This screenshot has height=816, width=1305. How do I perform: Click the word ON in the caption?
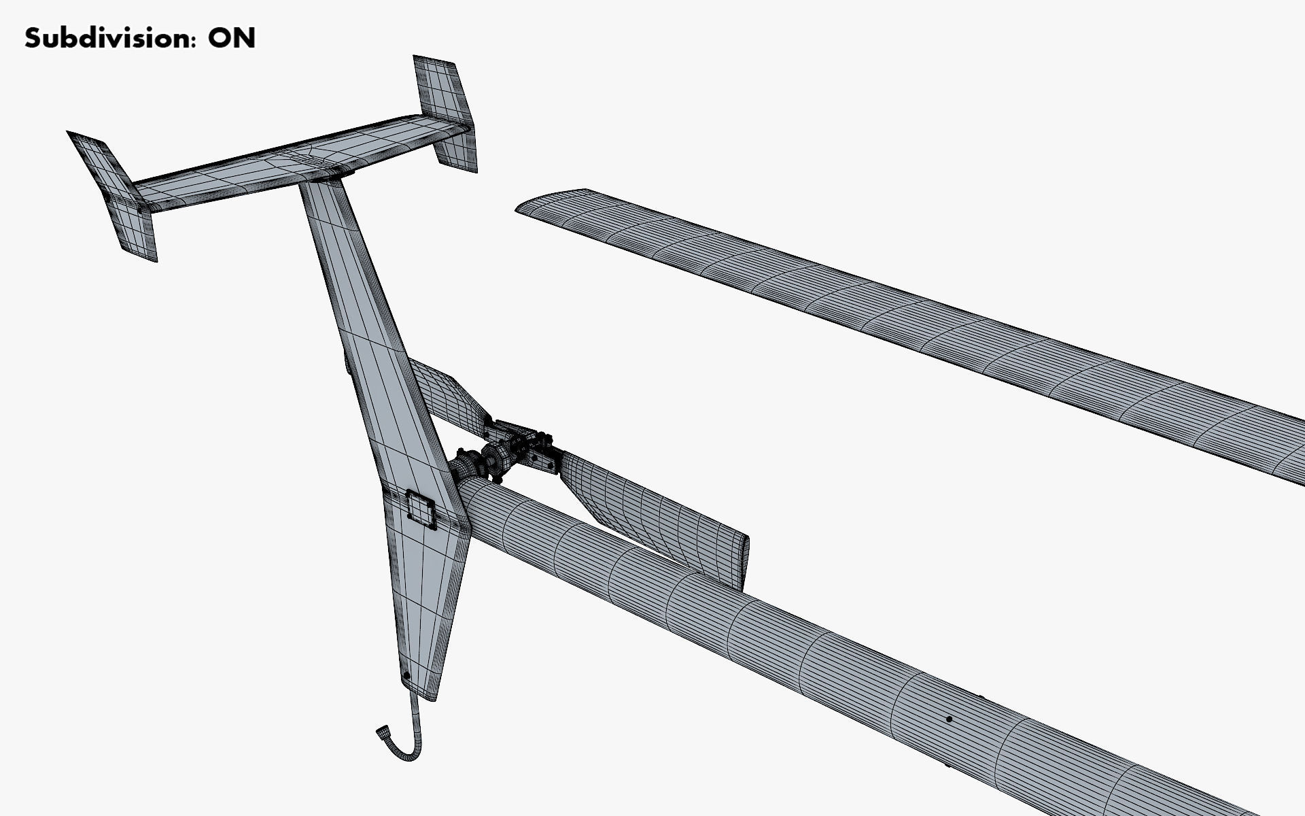[x=232, y=38]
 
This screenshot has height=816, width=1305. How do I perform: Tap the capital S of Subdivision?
[x=33, y=38]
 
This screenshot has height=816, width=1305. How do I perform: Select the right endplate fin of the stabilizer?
[x=445, y=112]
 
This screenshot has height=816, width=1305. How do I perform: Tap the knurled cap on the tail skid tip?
[x=383, y=733]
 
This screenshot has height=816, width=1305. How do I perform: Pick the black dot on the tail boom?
[x=949, y=719]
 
